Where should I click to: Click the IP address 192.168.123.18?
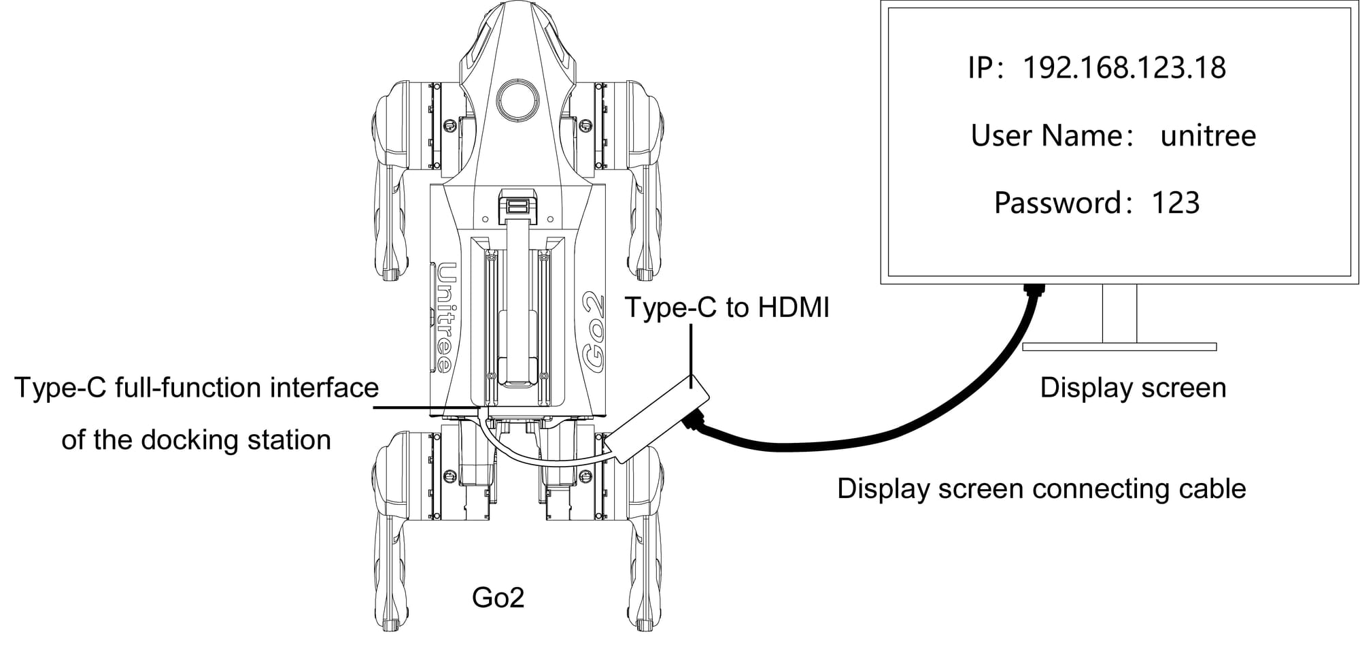pyautogui.click(x=1124, y=68)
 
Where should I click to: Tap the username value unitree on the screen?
pyautogui.click(x=1208, y=136)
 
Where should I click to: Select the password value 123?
pyautogui.click(x=1175, y=203)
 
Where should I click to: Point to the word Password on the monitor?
pyautogui.click(x=1057, y=203)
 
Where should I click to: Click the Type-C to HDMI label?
pyautogui.click(x=727, y=308)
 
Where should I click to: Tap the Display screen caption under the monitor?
pyautogui.click(x=1133, y=388)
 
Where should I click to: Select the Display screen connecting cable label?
pyautogui.click(x=1041, y=488)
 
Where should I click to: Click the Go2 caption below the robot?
pyautogui.click(x=498, y=597)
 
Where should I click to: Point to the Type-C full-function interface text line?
pyautogui.click(x=197, y=388)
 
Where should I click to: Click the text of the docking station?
pyautogui.click(x=197, y=440)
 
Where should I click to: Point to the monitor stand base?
pyautogui.click(x=1119, y=347)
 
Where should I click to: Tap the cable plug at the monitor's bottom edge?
pyautogui.click(x=1034, y=291)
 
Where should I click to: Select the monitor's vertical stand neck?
pyautogui.click(x=1119, y=313)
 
